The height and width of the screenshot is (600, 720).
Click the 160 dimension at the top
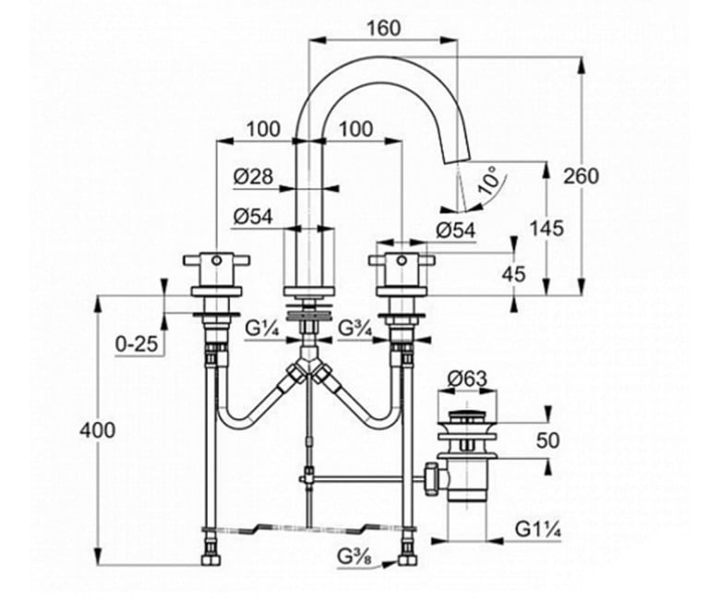[384, 29]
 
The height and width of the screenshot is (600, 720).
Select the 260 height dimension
[582, 176]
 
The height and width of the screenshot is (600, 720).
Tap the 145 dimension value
[546, 228]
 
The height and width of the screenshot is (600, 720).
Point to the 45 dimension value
[513, 274]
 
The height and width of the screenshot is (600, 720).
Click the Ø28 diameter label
[253, 176]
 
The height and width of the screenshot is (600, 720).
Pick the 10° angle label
[488, 180]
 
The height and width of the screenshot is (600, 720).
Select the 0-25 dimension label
[137, 343]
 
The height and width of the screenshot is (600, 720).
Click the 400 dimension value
[97, 430]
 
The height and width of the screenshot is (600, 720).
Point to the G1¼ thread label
[538, 530]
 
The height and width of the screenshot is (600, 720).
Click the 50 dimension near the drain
[547, 440]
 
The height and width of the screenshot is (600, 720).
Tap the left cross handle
[216, 260]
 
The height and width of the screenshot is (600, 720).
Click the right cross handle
[402, 260]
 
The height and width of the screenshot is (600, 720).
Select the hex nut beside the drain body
[432, 480]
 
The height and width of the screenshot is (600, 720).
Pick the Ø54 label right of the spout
[455, 231]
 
